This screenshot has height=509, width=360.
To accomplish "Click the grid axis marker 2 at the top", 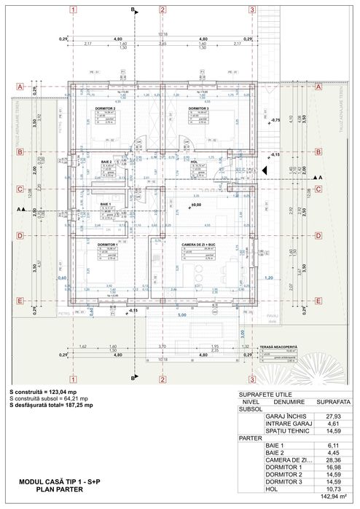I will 160,10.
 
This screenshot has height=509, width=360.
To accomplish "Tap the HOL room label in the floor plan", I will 194,162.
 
